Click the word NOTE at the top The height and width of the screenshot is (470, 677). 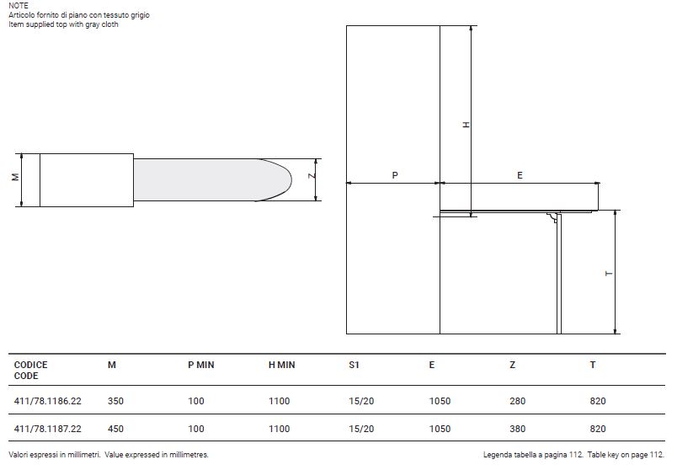click(19, 6)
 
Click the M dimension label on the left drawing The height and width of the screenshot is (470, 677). click(15, 177)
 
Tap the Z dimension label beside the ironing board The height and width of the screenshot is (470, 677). click(312, 175)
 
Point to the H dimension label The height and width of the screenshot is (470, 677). click(466, 125)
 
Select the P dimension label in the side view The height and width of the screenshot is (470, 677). click(395, 175)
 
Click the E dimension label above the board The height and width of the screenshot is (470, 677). click(520, 175)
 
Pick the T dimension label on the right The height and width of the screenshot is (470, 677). click(609, 274)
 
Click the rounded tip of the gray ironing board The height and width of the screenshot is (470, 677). click(291, 179)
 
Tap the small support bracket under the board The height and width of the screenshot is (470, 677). click(552, 217)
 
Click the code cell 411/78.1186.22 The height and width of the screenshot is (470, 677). click(47, 401)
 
